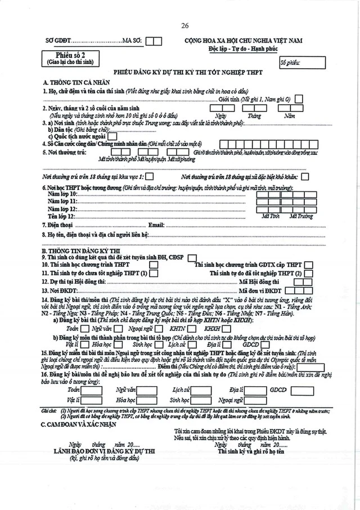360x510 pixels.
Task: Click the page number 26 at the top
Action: [185, 26]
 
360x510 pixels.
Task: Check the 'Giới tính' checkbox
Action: [299, 99]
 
